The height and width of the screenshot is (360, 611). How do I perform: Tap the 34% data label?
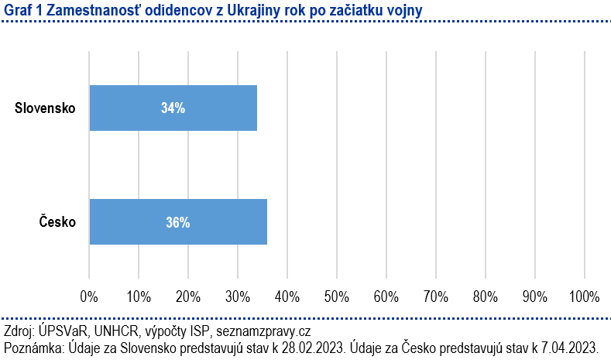coord(173,108)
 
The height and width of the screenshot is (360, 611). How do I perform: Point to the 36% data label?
coord(177,222)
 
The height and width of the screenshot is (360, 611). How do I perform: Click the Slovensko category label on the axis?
coord(45,108)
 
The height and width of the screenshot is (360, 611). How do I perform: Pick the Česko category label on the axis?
coord(57,222)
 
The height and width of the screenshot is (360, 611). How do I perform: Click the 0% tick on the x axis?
coord(89,296)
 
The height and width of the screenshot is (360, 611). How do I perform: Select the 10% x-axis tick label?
coord(139,296)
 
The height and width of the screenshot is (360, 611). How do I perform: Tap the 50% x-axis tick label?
coord(337,296)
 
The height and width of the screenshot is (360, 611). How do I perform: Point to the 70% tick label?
coord(435,296)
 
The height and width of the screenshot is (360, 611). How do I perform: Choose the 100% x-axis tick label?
coord(584,296)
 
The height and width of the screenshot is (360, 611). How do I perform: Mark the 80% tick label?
coord(485,296)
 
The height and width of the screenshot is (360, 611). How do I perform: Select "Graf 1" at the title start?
coord(19,10)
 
